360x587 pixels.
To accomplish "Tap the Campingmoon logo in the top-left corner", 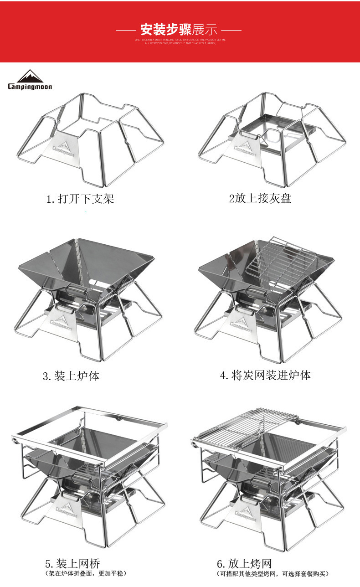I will [x=30, y=80].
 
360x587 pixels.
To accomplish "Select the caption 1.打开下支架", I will [x=80, y=199].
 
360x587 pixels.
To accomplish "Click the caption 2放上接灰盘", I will [x=260, y=198].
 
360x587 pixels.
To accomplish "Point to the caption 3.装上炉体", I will [x=71, y=376].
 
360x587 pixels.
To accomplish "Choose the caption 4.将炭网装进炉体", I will [x=265, y=376].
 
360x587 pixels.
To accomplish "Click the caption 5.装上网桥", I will [x=72, y=563].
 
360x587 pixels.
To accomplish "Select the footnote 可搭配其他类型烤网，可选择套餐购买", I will [x=273, y=573].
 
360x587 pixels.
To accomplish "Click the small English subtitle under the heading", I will [x=180, y=41].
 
